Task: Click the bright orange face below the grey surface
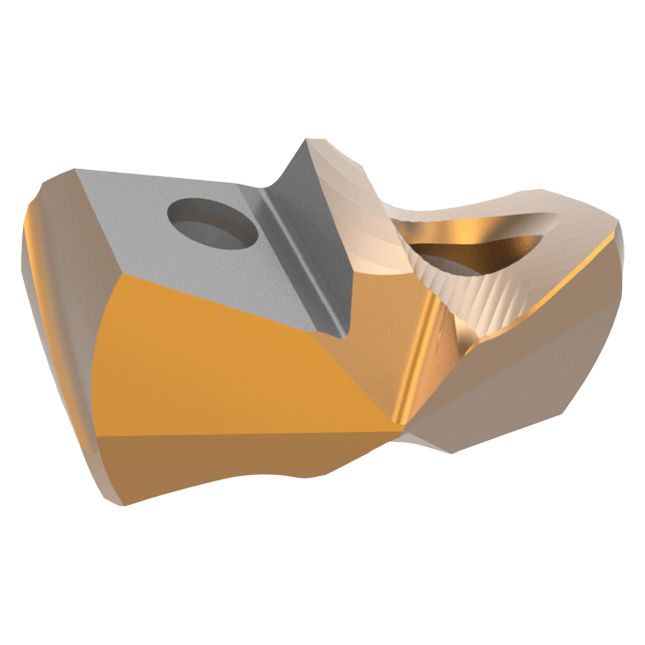(x=227, y=353)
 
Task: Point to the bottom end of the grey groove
(x=343, y=335)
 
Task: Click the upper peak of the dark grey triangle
(x=302, y=141)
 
